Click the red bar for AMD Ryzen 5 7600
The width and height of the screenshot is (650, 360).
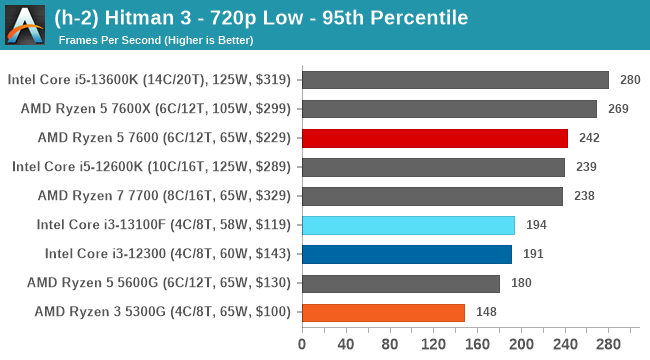(x=434, y=138)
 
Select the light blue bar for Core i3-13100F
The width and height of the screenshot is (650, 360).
(x=407, y=225)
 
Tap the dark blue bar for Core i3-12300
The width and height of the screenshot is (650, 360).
(x=406, y=254)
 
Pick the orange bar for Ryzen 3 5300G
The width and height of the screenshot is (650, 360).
(x=382, y=312)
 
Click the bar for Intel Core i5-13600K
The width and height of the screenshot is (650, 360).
(x=454, y=80)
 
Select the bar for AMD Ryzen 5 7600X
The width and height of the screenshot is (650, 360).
(x=448, y=109)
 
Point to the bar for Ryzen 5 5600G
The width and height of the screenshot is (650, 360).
(x=400, y=283)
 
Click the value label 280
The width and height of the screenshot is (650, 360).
(x=630, y=80)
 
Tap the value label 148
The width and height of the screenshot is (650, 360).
(x=486, y=312)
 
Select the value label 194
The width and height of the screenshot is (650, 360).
(x=536, y=225)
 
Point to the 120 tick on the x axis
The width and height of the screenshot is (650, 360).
(x=433, y=345)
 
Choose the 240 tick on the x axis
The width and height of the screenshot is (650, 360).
(x=564, y=345)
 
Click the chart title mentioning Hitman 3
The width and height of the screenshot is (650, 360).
(x=275, y=18)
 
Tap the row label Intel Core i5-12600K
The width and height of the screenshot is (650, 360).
(x=150, y=167)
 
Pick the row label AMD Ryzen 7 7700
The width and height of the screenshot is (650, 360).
(x=163, y=196)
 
